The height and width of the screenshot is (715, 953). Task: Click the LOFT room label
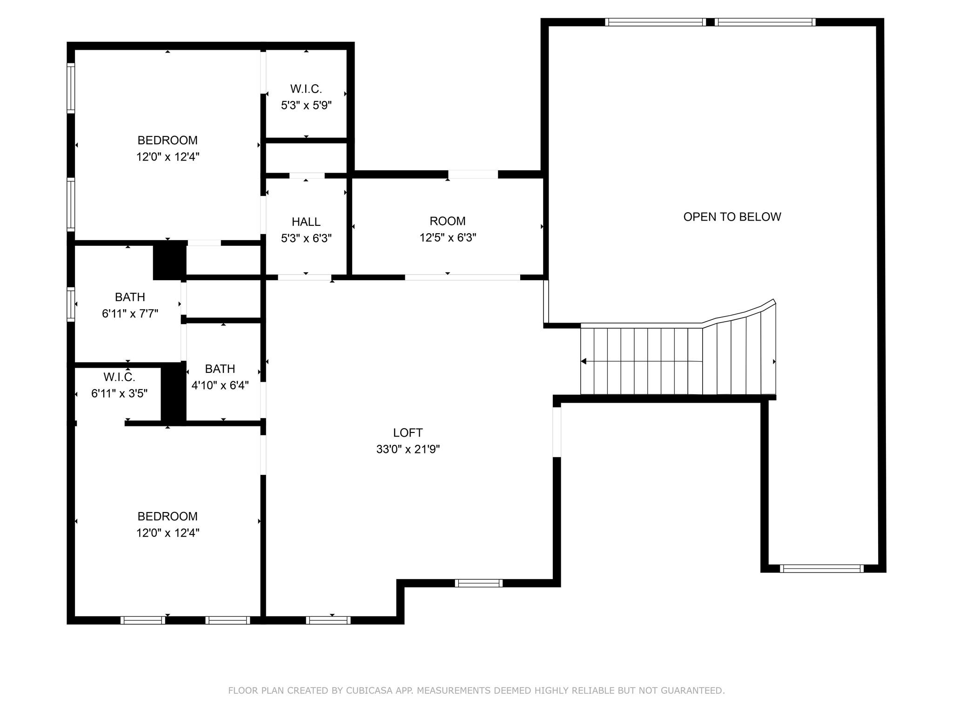pos(408,432)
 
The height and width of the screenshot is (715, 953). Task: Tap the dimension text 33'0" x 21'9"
pos(408,449)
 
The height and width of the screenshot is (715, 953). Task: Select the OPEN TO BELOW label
pos(732,216)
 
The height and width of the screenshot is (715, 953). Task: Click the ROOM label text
pos(447,221)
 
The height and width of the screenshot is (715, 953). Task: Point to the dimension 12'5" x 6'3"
pos(447,237)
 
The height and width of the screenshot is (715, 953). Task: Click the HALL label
pos(306,222)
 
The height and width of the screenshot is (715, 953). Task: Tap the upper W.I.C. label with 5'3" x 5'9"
pos(306,88)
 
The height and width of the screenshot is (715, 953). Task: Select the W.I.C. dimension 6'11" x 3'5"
pos(119,393)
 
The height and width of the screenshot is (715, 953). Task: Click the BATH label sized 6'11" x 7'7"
pos(130,297)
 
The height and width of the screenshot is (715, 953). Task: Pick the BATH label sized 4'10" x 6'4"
pos(220,369)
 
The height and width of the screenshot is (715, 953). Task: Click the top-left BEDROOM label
pos(167,140)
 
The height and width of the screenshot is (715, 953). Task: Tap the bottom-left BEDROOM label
pos(167,516)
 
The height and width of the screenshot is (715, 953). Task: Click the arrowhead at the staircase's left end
pos(584,361)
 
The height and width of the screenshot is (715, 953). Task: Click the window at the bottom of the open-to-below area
pos(821,568)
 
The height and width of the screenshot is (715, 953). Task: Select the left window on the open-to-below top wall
pos(655,22)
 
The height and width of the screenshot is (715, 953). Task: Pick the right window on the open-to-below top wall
pos(765,22)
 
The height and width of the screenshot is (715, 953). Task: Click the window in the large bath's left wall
pos(71,304)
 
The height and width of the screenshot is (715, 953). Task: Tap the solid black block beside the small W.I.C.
pos(173,394)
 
